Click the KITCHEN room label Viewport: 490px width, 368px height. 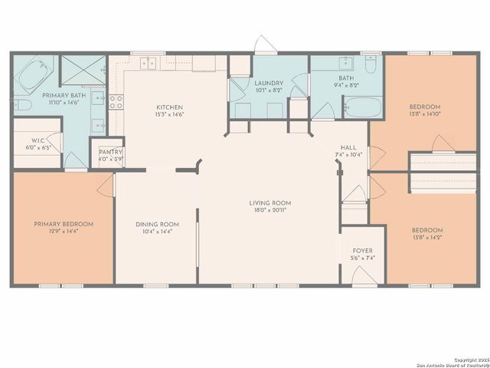click(169, 107)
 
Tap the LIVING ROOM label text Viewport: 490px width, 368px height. click(269, 203)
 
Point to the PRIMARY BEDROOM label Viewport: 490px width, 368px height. click(64, 224)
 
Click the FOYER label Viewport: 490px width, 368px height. click(362, 251)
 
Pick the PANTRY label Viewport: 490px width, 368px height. click(106, 152)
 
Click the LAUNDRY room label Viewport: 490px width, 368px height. click(269, 83)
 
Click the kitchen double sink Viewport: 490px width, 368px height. click(149, 63)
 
